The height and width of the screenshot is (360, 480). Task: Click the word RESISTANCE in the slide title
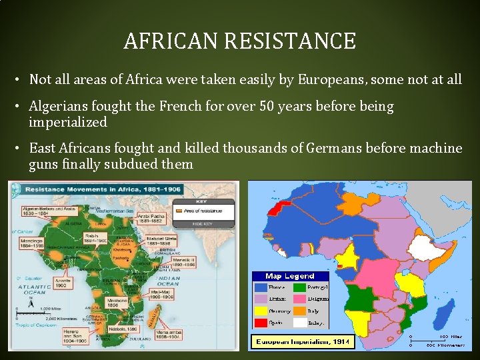click(290, 41)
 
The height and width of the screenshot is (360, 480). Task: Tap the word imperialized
click(68, 123)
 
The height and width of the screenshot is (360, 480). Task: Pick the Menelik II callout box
click(181, 262)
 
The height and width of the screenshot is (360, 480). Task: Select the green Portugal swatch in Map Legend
click(301, 287)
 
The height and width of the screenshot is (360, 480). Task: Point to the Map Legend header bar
click(290, 276)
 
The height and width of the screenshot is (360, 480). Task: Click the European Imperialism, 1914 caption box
click(302, 342)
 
